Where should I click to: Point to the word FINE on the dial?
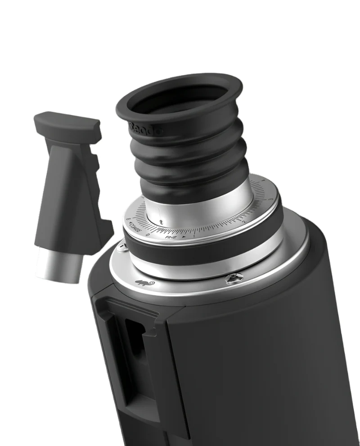171,236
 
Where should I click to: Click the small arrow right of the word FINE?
184,236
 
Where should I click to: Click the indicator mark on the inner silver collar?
161,222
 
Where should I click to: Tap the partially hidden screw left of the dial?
121,247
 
